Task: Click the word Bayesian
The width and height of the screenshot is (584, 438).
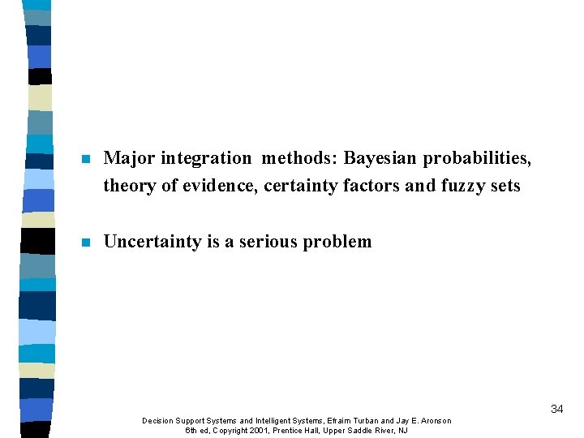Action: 378,158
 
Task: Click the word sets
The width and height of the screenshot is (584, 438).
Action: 507,186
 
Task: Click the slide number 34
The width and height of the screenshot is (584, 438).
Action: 556,410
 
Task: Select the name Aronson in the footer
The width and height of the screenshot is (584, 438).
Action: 433,420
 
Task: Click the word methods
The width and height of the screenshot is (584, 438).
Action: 290,158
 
